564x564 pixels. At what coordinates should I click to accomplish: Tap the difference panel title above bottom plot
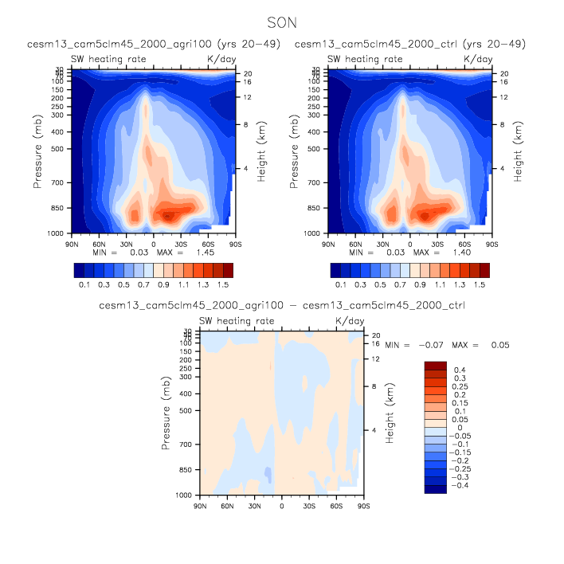281,305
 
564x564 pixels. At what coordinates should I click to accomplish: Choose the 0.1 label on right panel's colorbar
339,284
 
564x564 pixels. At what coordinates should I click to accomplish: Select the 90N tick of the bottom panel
200,506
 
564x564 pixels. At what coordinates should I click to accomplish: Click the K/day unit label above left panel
221,59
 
